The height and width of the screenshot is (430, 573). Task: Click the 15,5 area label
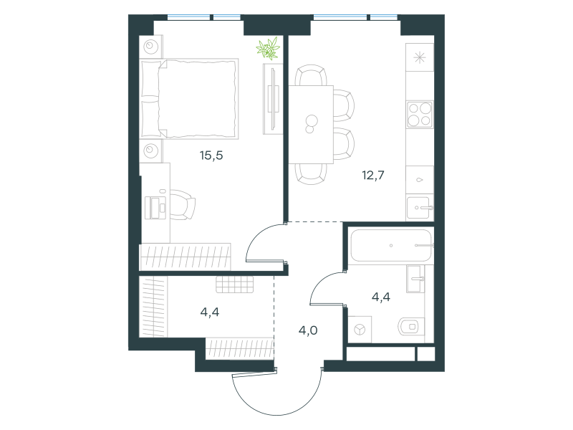(211, 156)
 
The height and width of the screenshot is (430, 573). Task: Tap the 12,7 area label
(373, 176)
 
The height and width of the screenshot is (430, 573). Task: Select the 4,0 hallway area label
(308, 330)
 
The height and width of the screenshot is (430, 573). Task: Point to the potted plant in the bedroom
(268, 48)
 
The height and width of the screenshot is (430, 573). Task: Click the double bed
(189, 99)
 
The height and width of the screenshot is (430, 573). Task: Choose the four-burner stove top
(420, 115)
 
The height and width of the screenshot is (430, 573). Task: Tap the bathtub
(391, 245)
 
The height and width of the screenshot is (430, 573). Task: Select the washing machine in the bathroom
(360, 330)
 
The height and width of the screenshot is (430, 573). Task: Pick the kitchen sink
(419, 207)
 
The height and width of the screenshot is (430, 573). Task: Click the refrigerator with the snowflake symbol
(420, 57)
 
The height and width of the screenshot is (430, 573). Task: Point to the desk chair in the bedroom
(182, 205)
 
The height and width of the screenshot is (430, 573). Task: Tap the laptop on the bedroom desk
(155, 208)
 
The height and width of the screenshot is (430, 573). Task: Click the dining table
(311, 124)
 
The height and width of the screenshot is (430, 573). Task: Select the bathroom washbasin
(416, 279)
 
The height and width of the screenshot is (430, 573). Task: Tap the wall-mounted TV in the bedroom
(273, 99)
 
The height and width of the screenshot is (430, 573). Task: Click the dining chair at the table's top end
(311, 75)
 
